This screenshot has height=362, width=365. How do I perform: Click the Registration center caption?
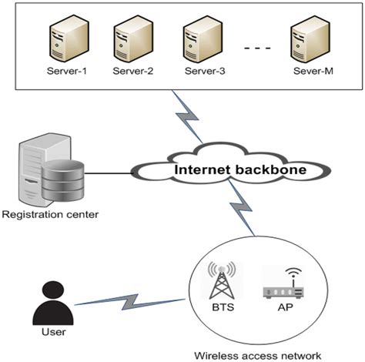pyautogui.click(x=51, y=213)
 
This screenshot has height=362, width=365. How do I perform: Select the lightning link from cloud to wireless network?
pyautogui.click(x=239, y=210)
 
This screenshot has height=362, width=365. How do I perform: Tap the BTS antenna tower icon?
pyautogui.click(x=221, y=282)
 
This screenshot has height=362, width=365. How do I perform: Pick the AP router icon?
pyautogui.click(x=284, y=287)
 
